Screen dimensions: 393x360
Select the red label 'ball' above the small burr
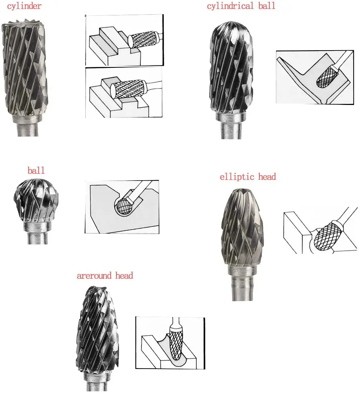pos(36,170)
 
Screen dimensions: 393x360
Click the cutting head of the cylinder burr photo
pos(24,68)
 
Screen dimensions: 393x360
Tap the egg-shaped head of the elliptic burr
pos(243,229)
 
